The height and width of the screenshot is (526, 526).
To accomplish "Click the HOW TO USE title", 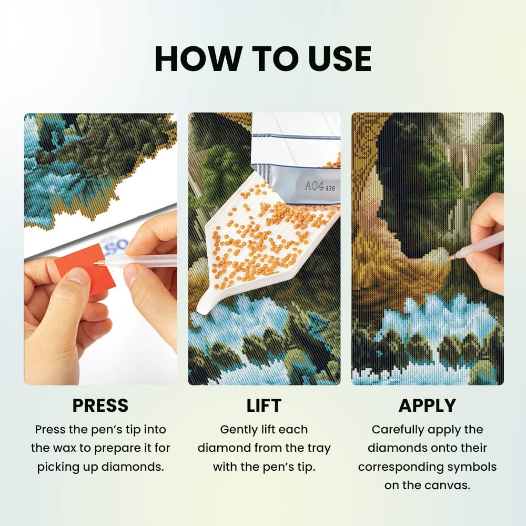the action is click(x=262, y=59).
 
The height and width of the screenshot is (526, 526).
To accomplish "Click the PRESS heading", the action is click(x=100, y=405).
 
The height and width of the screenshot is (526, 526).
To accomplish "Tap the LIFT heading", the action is click(x=264, y=406).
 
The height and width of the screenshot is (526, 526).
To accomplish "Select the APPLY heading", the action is click(x=427, y=405).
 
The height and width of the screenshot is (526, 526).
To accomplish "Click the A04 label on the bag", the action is click(x=315, y=186).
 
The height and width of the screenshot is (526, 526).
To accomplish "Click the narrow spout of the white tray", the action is click(x=205, y=304).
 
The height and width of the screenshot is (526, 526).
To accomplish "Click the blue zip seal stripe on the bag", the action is click(x=296, y=136).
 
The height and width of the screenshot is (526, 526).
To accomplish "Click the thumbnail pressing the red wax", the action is click(x=76, y=275).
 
